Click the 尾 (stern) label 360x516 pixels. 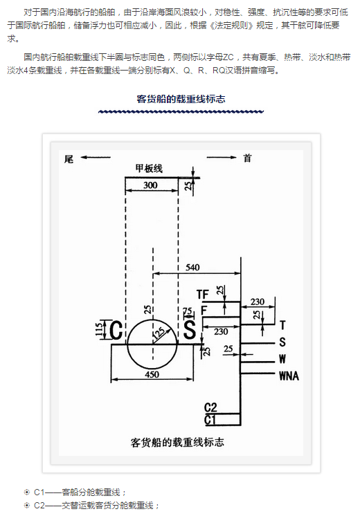pos(69,160)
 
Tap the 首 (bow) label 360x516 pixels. pos(247,158)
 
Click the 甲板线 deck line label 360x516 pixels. pos(149,169)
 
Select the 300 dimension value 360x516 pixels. pos(150,185)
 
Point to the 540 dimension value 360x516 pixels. pos(192,267)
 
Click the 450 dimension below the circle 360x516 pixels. pos(152,374)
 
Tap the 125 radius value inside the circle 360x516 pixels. pos(159,333)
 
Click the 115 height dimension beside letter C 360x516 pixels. pos(98,329)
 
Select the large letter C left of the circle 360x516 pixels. pos(116,330)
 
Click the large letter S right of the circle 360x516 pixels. pos(190,329)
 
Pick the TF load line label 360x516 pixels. pos(203,294)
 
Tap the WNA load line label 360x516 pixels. pos(289,376)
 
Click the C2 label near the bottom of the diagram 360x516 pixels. pos(210,407)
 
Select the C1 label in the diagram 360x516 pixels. pos(210,420)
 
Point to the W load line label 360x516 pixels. pos(282,359)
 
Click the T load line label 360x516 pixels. pos(282,326)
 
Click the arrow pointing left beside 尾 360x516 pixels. pos(96,157)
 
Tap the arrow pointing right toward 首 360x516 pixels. pos(222,157)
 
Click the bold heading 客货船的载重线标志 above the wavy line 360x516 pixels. pos(181,99)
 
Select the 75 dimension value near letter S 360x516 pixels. pos(188,311)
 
